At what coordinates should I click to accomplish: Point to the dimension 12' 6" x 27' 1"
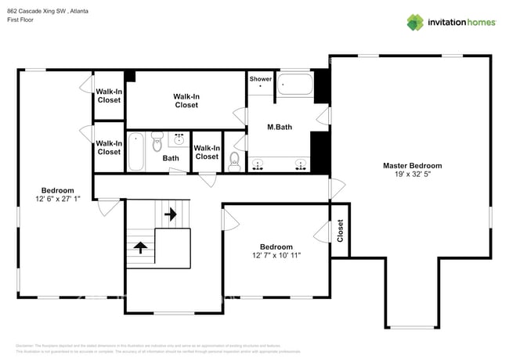[58, 199]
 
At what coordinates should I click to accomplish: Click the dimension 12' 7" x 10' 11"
[276, 255]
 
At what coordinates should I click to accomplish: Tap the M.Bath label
[280, 127]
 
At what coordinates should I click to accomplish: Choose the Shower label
[260, 79]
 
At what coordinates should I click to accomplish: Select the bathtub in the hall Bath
[136, 152]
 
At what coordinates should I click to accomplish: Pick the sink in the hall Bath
[179, 140]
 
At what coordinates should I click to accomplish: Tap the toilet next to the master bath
[234, 160]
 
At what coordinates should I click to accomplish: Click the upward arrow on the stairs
[141, 247]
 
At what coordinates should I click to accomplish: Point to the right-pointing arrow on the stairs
[171, 213]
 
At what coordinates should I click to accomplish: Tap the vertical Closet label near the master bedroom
[340, 229]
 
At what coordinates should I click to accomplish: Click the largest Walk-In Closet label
[186, 100]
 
